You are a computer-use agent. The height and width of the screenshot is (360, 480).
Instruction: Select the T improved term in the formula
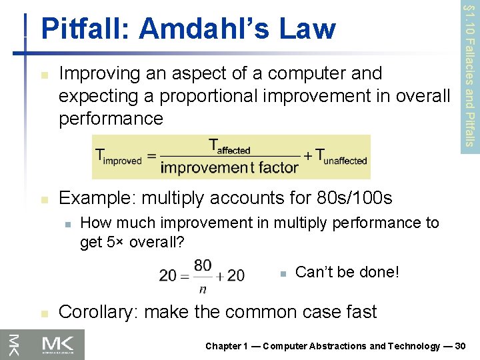tap(119, 157)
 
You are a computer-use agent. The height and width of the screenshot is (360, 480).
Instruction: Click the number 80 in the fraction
tap(203, 266)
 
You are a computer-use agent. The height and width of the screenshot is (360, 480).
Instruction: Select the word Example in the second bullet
tap(97, 198)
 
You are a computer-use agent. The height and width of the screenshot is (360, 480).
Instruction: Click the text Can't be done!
tap(347, 272)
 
